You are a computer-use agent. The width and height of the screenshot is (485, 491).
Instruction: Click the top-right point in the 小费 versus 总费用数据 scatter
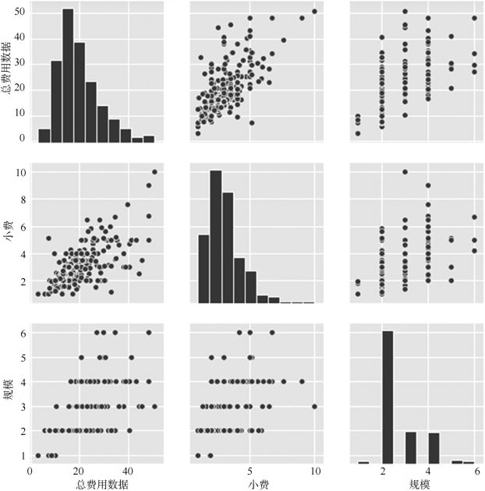pyautogui.click(x=154, y=171)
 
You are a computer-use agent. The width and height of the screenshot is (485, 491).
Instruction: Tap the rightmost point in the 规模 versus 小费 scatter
pyautogui.click(x=314, y=406)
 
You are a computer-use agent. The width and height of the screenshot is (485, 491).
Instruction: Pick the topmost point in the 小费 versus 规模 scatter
pyautogui.click(x=405, y=171)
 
